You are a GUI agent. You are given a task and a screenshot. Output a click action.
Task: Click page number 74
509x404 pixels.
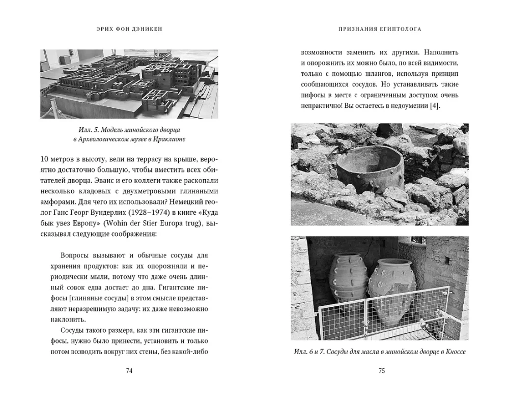(129, 370)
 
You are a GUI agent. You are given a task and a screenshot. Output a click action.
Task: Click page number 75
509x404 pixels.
(381, 370)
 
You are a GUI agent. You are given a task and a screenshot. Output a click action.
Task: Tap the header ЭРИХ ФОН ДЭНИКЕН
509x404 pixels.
(129, 30)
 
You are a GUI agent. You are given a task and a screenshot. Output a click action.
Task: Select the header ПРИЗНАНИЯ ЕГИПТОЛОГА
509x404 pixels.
(380, 30)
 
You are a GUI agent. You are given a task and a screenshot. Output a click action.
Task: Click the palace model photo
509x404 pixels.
(129, 83)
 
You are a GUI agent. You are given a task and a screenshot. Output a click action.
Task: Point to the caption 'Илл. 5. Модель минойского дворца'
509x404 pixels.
(130, 130)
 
